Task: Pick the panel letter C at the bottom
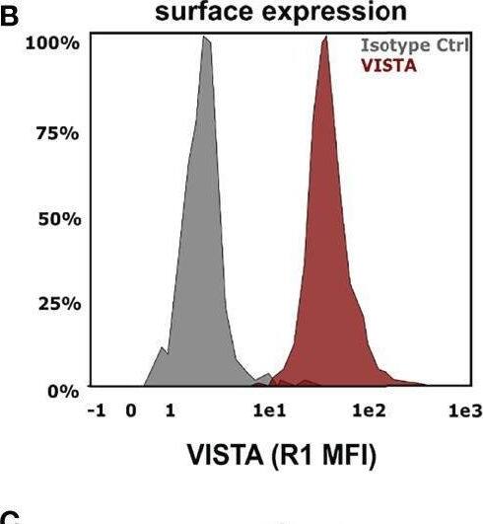point(12,517)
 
